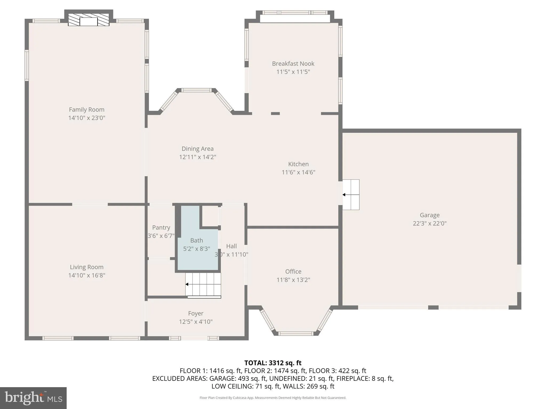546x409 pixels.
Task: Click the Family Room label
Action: click(x=87, y=109)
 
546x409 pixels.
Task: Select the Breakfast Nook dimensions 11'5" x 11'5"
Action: click(x=293, y=72)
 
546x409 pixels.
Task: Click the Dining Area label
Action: click(x=198, y=149)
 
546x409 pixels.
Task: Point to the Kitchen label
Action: click(x=298, y=164)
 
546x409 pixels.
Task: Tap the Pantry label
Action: click(x=161, y=227)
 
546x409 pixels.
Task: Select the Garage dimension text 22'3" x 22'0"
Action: click(x=429, y=223)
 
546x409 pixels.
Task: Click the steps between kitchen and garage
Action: click(x=351, y=195)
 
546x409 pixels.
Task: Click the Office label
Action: click(x=293, y=271)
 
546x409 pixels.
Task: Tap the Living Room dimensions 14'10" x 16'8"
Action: click(x=87, y=275)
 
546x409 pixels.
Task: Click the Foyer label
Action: click(x=196, y=313)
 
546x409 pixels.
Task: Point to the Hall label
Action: click(x=231, y=246)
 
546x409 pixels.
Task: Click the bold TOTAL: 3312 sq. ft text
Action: click(x=273, y=363)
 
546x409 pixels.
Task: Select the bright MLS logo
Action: click(x=33, y=398)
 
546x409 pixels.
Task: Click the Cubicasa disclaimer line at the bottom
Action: click(x=273, y=398)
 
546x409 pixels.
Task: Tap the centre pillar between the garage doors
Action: click(x=433, y=308)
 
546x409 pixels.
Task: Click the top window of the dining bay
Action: click(x=196, y=90)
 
